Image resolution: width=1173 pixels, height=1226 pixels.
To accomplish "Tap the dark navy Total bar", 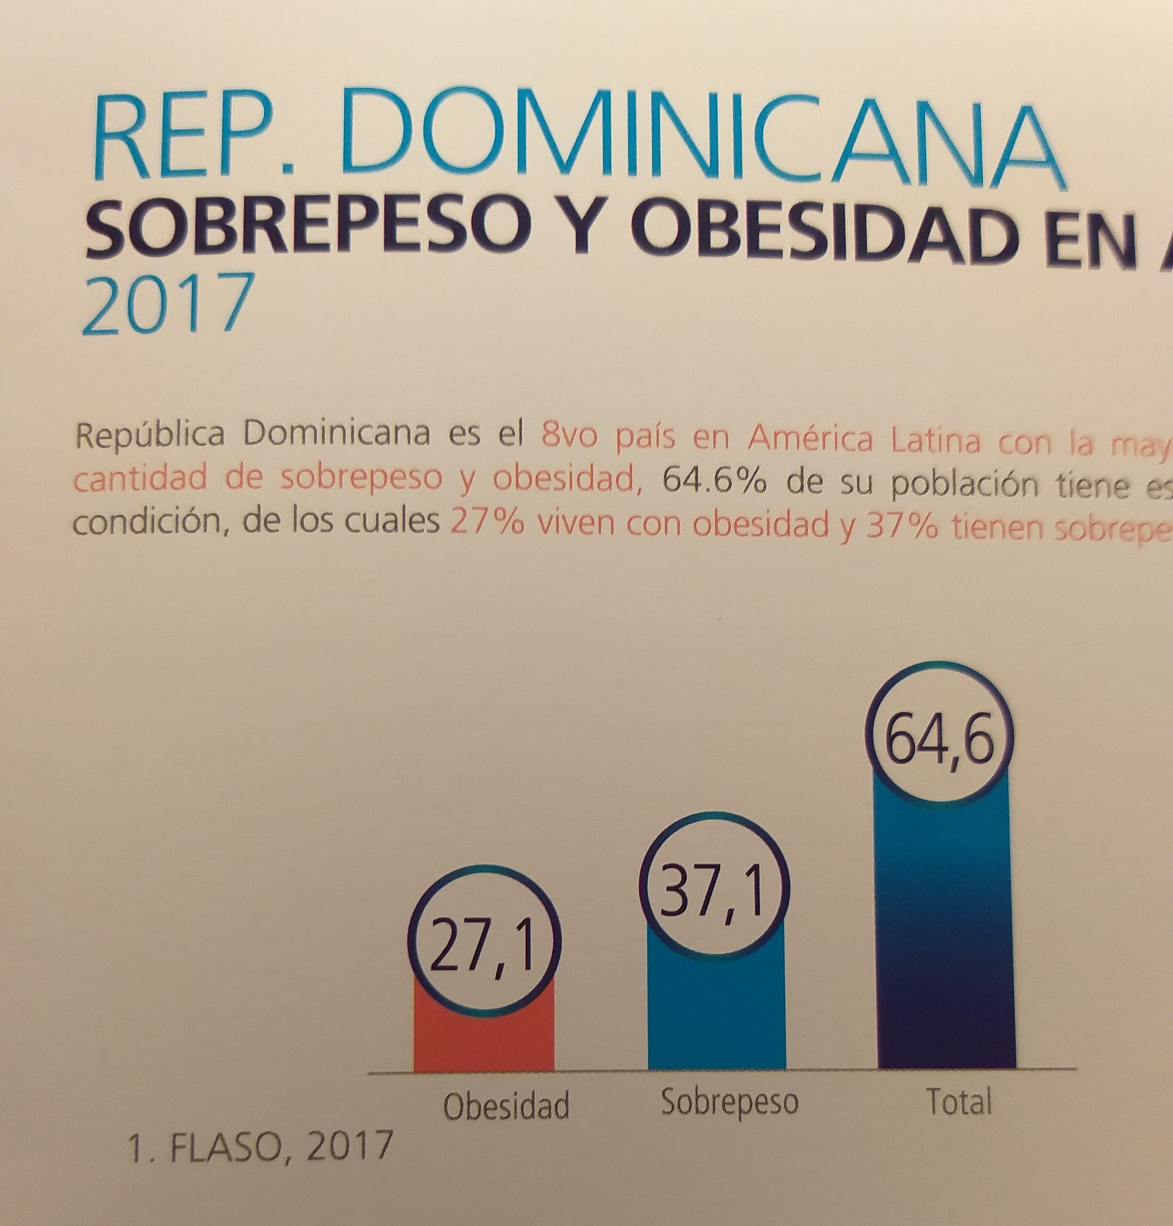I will [946, 937].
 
